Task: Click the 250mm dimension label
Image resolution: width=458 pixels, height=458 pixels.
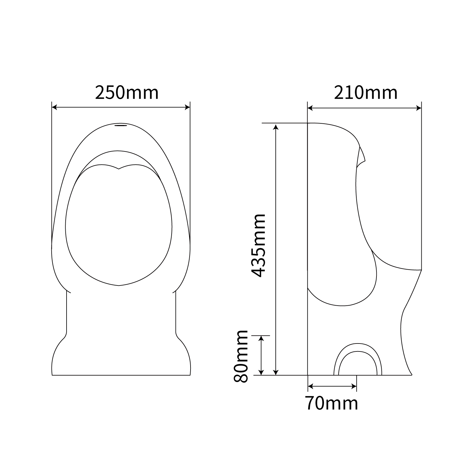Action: point(127,93)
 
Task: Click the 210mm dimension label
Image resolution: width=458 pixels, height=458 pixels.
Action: point(365,93)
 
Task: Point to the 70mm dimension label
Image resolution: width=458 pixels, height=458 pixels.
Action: point(332,403)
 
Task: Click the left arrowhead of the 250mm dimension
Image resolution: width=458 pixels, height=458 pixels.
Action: point(54,107)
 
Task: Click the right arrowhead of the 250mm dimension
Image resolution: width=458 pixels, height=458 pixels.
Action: point(187,107)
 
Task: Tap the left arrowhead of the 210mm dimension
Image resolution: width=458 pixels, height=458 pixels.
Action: point(310,108)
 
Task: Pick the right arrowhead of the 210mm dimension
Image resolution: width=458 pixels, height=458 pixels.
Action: point(419,108)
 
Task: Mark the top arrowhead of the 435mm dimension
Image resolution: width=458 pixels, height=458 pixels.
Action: point(276,126)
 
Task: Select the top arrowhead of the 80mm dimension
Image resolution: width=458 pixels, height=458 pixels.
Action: point(261,338)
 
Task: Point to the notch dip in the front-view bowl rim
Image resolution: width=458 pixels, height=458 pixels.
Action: point(119,168)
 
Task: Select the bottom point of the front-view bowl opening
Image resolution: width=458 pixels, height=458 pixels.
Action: point(119,285)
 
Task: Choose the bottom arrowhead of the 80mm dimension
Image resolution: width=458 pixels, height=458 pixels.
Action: point(261,372)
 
